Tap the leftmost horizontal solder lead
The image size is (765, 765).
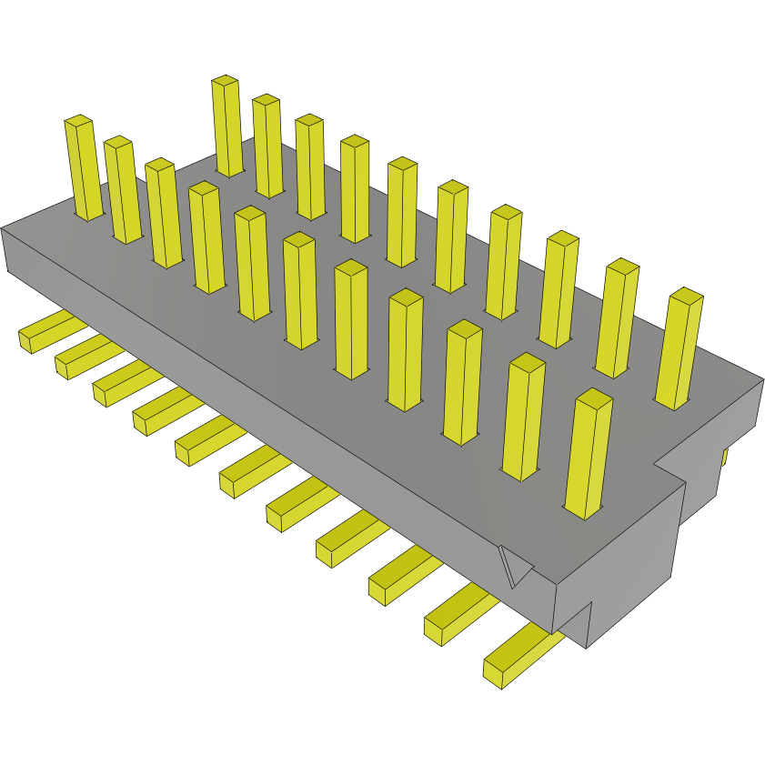41,335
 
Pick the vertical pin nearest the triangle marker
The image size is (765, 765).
589,455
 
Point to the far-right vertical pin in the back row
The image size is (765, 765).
680,350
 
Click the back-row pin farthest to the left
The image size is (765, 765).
227,127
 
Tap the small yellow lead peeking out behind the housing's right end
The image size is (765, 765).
724,455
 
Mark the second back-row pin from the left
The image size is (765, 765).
267,146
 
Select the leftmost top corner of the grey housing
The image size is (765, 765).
3,228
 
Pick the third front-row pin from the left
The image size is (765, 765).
164,214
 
